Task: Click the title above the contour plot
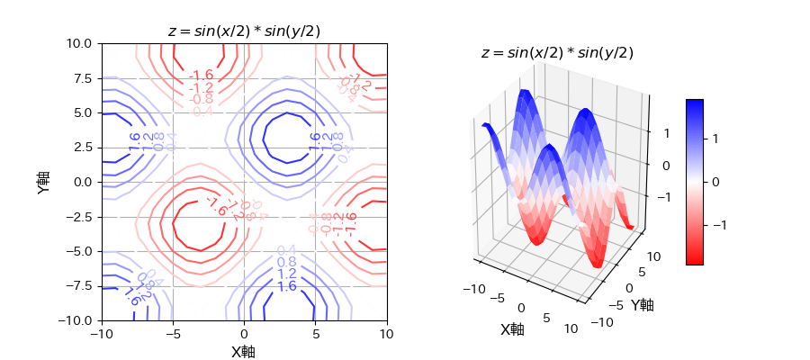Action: coord(244,31)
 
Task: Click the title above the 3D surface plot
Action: coord(557,53)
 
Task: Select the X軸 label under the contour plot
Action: coord(244,352)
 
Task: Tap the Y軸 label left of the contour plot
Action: coord(43,182)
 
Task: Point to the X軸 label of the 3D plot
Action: coord(512,329)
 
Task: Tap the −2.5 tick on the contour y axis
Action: coord(80,217)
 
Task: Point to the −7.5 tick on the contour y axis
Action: coord(80,286)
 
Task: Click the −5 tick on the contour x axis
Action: coord(172,335)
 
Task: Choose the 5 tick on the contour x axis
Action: coord(316,335)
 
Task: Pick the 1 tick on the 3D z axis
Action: coord(667,133)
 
